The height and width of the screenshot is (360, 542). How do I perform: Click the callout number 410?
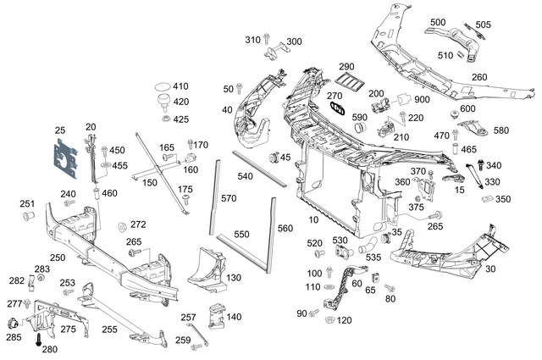(180, 86)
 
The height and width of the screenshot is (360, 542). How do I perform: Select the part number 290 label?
(346, 66)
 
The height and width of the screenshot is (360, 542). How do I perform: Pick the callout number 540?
(246, 177)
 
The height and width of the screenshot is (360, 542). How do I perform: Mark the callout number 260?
(479, 77)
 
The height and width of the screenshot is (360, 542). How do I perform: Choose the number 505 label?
(483, 25)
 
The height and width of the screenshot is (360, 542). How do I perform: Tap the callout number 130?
(234, 278)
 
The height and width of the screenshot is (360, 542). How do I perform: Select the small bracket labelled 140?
(216, 315)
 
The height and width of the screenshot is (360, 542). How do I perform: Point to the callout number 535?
(373, 257)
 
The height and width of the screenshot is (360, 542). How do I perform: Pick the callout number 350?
(503, 199)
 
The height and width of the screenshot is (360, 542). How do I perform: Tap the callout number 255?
(109, 330)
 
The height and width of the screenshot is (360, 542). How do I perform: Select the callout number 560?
(285, 228)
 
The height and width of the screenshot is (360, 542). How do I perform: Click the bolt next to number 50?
(240, 87)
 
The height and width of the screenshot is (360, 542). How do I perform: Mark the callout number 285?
(14, 338)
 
